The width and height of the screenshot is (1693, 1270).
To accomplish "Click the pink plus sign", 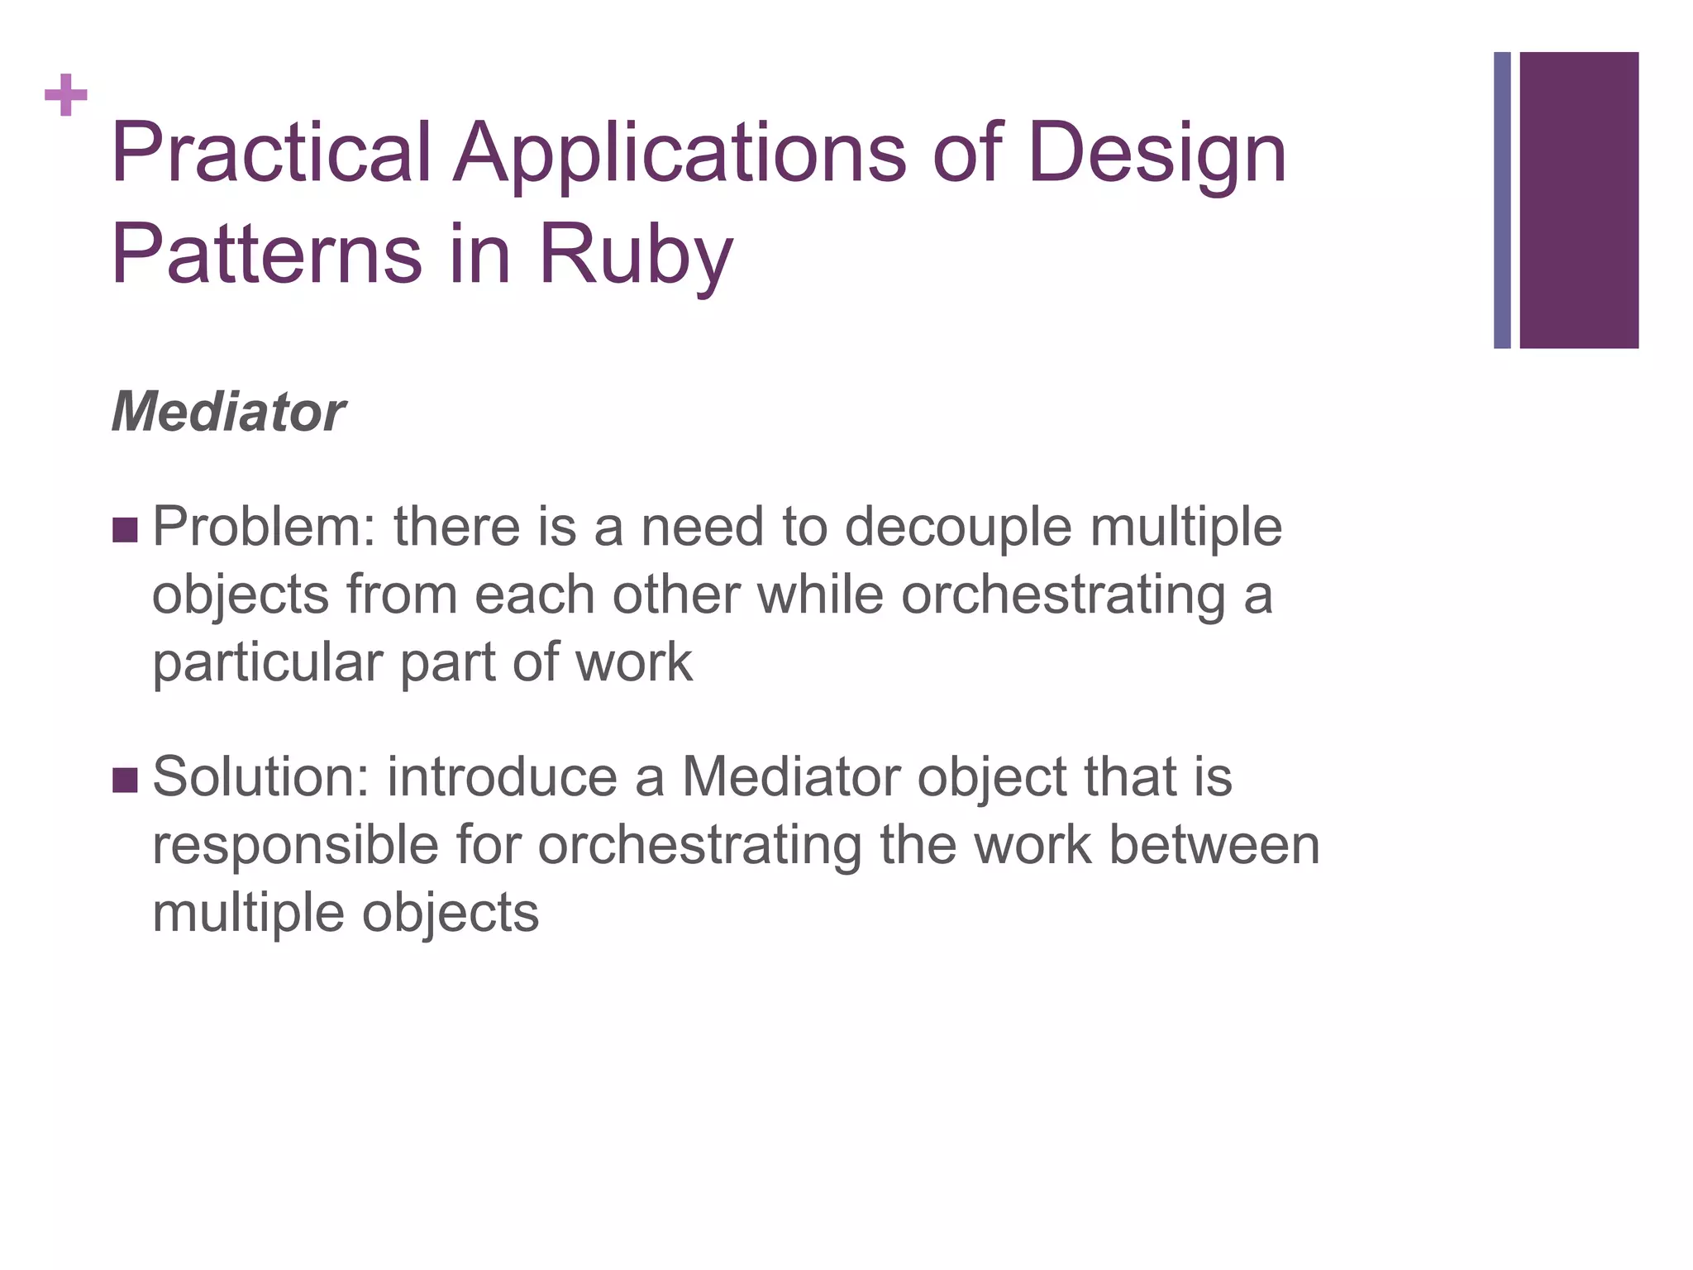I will tap(66, 96).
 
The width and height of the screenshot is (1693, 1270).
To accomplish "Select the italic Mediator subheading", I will tap(228, 412).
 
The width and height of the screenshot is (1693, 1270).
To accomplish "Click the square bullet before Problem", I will tap(125, 530).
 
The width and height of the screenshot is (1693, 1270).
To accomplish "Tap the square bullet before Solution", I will tap(125, 780).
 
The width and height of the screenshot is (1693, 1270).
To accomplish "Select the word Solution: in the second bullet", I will tap(260, 777).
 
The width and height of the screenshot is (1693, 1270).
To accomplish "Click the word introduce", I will tap(502, 777).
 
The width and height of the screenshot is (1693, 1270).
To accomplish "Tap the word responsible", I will tap(295, 845).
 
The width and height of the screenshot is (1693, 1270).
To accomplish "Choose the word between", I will tap(1214, 845).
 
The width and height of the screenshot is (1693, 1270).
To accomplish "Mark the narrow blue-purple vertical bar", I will tap(1502, 200).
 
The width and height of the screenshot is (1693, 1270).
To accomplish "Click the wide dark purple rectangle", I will tap(1579, 200).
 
